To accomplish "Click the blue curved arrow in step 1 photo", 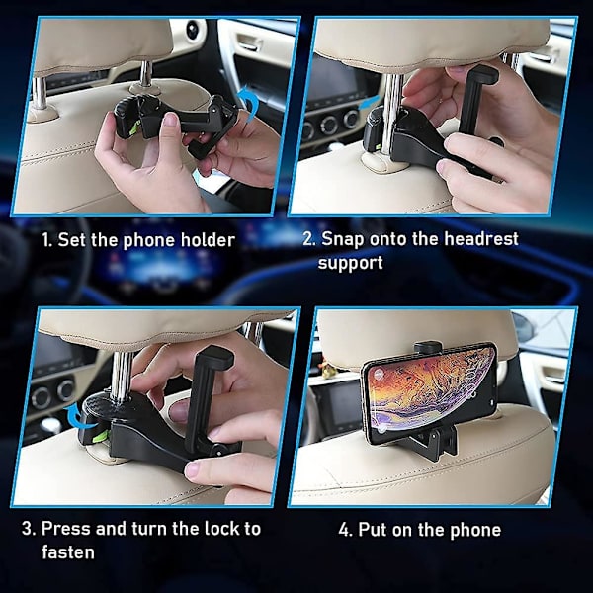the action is click(250, 100).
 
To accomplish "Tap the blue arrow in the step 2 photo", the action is click(369, 103).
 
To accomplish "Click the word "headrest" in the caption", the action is click(481, 239).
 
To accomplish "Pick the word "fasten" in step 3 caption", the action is click(68, 552).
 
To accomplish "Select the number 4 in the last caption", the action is click(345, 530).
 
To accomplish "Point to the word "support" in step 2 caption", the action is click(351, 264).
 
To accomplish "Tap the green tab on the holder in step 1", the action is click(133, 128).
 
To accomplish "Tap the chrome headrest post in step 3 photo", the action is click(121, 376).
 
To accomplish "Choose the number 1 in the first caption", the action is click(46, 240).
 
